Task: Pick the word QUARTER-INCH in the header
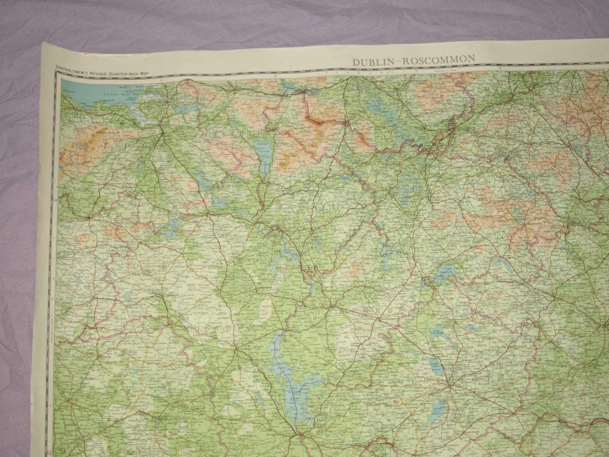point(126,74)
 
